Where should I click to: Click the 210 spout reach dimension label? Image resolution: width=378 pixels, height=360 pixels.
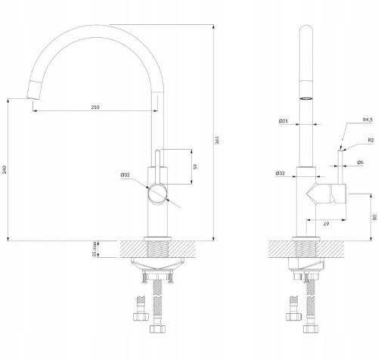pyautogui.click(x=95, y=107)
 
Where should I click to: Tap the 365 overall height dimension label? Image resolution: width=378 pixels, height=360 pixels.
pyautogui.click(x=217, y=140)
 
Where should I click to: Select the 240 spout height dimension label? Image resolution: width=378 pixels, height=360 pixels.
pyautogui.click(x=5, y=169)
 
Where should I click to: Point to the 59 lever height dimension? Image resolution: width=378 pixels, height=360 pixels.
pyautogui.click(x=196, y=166)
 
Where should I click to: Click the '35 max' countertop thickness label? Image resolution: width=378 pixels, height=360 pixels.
pyautogui.click(x=94, y=250)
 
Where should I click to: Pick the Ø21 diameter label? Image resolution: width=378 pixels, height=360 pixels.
pyautogui.click(x=283, y=121)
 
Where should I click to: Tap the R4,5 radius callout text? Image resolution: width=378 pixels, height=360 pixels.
pyautogui.click(x=367, y=119)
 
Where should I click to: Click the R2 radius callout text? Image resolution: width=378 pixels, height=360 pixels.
pyautogui.click(x=370, y=141)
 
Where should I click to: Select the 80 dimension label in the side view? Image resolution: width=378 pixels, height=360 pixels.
pyautogui.click(x=375, y=217)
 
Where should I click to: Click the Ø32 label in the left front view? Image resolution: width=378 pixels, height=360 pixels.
pyautogui.click(x=125, y=175)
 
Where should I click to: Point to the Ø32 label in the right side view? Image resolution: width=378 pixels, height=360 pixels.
pyautogui.click(x=280, y=173)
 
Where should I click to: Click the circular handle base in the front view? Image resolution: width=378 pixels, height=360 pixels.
pyautogui.click(x=157, y=194)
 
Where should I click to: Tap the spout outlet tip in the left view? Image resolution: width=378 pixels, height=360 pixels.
pyautogui.click(x=33, y=98)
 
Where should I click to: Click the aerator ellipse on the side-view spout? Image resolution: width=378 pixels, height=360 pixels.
pyautogui.click(x=306, y=98)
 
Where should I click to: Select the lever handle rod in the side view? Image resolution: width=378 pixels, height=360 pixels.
pyautogui.click(x=341, y=167)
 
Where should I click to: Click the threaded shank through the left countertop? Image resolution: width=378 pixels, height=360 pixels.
pyautogui.click(x=157, y=249)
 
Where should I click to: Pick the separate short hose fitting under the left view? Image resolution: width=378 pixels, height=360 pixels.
pyautogui.click(x=141, y=309)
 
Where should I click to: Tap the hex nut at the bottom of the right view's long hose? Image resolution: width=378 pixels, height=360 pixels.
pyautogui.click(x=311, y=329)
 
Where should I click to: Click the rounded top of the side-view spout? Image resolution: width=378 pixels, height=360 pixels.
pyautogui.click(x=306, y=28)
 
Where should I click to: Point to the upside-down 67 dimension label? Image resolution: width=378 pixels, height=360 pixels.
pyautogui.click(x=326, y=224)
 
